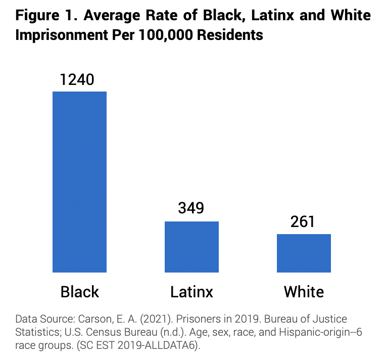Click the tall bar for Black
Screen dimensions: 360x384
(x=79, y=182)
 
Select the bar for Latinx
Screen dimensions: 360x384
(x=191, y=247)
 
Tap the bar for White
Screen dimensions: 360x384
(x=304, y=253)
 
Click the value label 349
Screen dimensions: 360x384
(x=190, y=209)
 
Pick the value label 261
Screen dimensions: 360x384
(x=304, y=222)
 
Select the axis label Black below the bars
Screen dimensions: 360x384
(x=80, y=292)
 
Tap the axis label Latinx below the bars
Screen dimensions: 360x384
(x=191, y=292)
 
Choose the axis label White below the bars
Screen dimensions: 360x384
(x=304, y=292)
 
